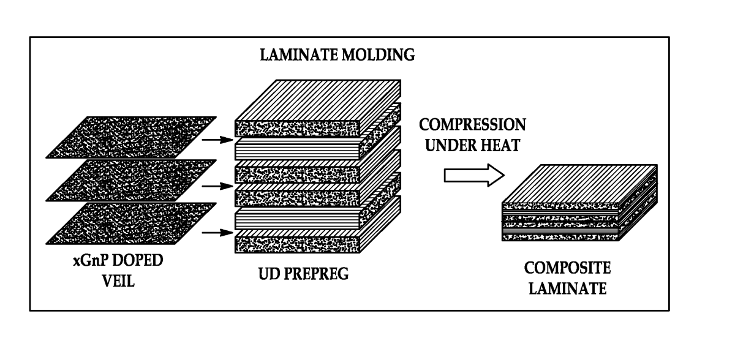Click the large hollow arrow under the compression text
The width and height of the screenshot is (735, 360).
click(473, 176)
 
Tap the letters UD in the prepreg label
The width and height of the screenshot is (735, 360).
click(271, 273)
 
